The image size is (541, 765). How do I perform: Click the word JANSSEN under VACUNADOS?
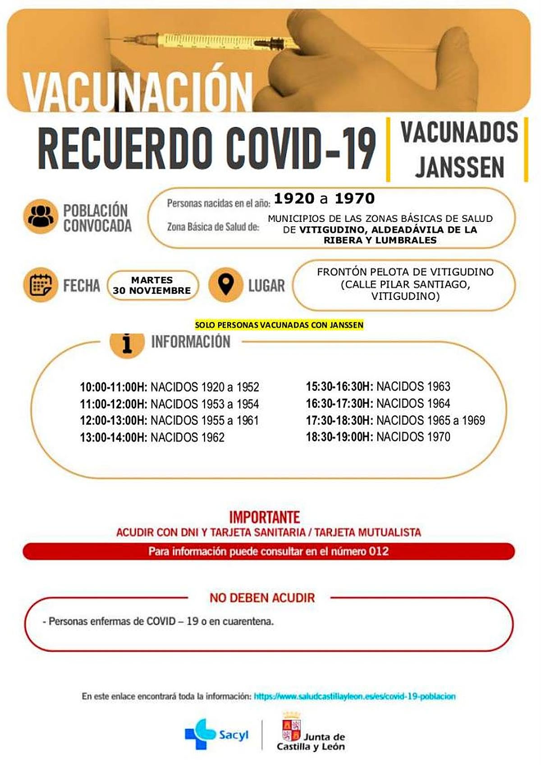[x=459, y=167]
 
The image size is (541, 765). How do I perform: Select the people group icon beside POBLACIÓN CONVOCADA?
[x=41, y=217]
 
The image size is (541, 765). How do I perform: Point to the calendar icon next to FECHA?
[x=41, y=285]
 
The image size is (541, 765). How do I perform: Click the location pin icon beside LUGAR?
[x=225, y=285]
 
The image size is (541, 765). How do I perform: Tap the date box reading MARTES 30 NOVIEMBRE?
[x=152, y=285]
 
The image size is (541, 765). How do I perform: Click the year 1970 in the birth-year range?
[x=354, y=198]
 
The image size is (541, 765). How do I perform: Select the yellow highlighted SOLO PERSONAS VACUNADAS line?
[x=279, y=325]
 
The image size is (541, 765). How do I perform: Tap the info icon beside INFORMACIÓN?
[x=127, y=344]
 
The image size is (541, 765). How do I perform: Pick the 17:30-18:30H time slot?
[x=339, y=420]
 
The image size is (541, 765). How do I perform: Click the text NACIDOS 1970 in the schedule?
[x=413, y=437]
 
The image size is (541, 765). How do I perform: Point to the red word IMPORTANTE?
[x=265, y=517]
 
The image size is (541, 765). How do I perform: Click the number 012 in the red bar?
[x=379, y=551]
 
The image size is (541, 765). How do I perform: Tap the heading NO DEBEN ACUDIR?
[x=262, y=598]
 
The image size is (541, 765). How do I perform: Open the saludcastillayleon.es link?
[x=355, y=696]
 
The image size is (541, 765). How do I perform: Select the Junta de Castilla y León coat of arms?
[x=291, y=728]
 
